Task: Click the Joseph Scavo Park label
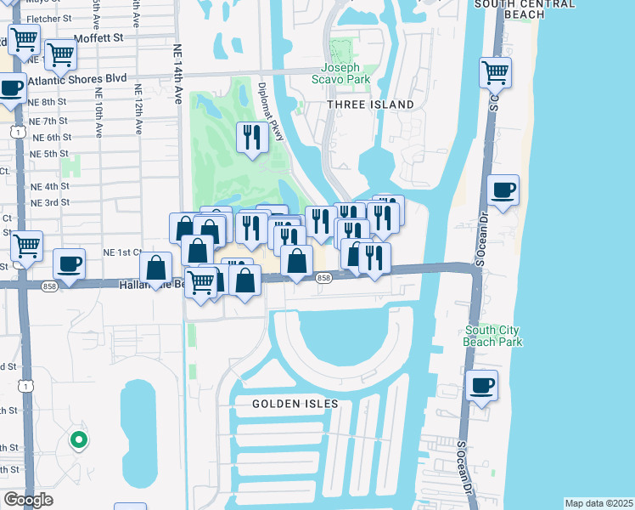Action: pyautogui.click(x=346, y=74)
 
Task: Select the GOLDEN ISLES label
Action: pyautogui.click(x=295, y=404)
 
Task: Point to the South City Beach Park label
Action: pyautogui.click(x=493, y=336)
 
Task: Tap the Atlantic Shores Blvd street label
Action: pyautogui.click(x=77, y=78)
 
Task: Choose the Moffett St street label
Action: pyautogui.click(x=98, y=38)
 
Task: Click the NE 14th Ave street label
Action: pyautogui.click(x=179, y=74)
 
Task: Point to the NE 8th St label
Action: pyautogui.click(x=48, y=101)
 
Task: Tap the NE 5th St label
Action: pyautogui.click(x=48, y=154)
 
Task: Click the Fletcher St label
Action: pyautogui.click(x=48, y=17)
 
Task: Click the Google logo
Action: pyautogui.click(x=28, y=500)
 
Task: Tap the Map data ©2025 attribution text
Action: pyautogui.click(x=598, y=503)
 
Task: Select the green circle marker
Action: pyautogui.click(x=79, y=439)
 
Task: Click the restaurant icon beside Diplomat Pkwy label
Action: pyautogui.click(x=252, y=137)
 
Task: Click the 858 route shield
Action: pyautogui.click(x=323, y=278)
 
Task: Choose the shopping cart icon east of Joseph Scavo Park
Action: pyautogui.click(x=495, y=72)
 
